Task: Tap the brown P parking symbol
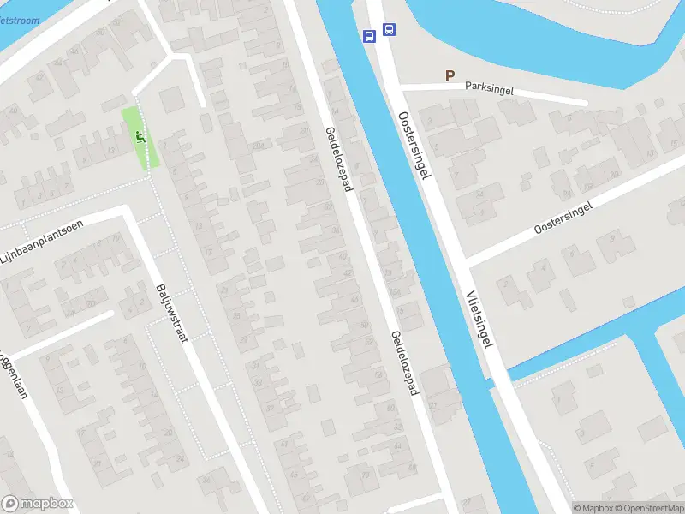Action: click(450, 76)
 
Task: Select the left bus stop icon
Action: click(369, 36)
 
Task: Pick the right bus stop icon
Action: click(390, 29)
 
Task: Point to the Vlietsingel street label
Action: click(481, 317)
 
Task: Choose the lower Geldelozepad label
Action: click(403, 363)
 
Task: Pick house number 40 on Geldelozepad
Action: click(342, 256)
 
